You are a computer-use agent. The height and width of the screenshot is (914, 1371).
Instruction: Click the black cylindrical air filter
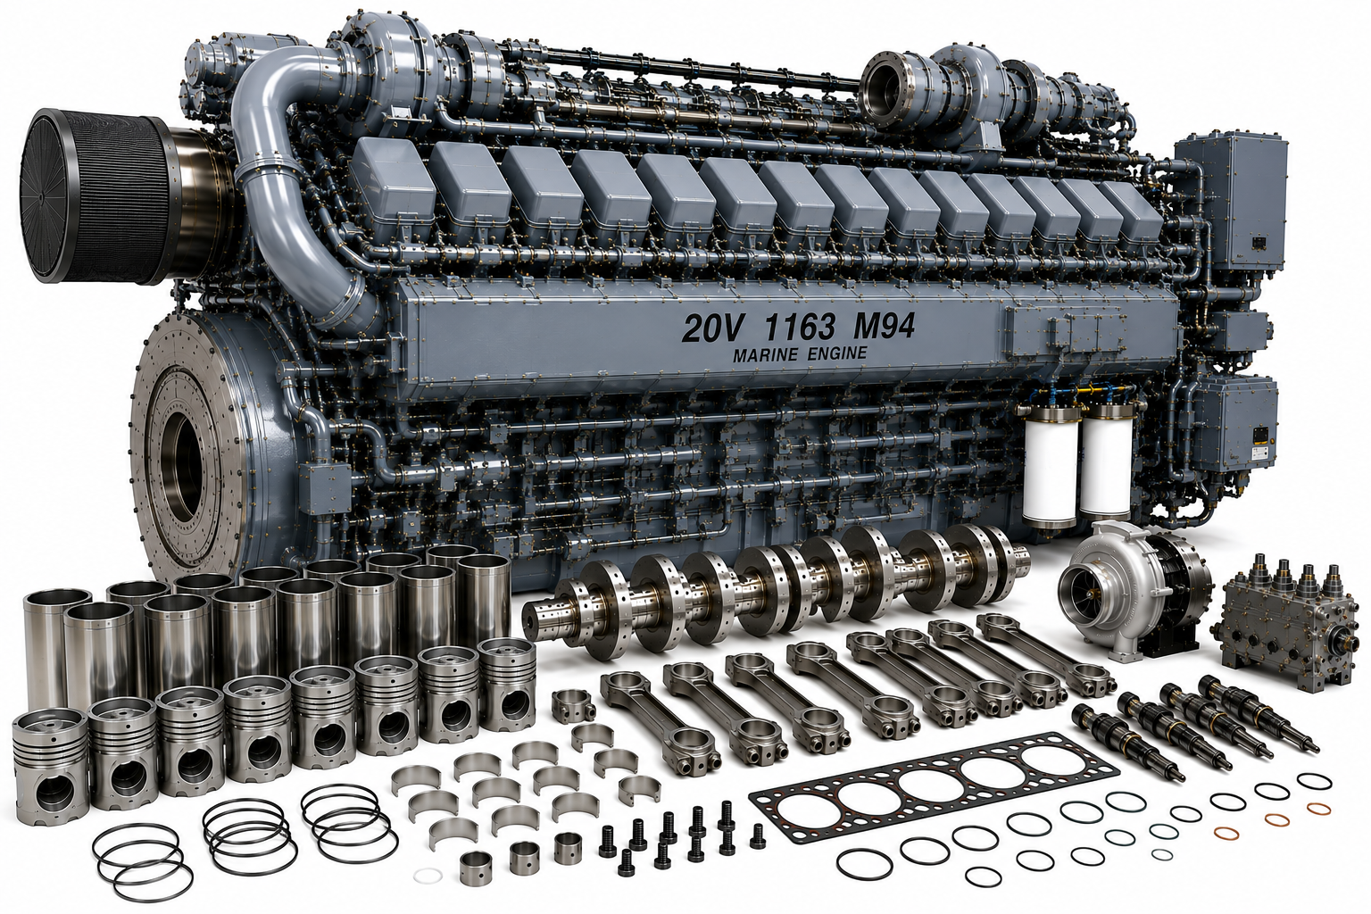(x=92, y=195)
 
